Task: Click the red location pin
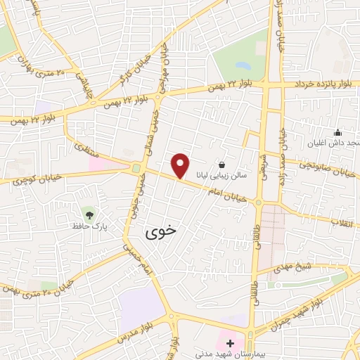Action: tap(181, 165)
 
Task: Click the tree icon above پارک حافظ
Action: tap(89, 213)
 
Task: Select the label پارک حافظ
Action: tap(87, 226)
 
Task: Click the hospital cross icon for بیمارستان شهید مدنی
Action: tap(231, 342)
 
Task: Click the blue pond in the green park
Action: tap(243, 66)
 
